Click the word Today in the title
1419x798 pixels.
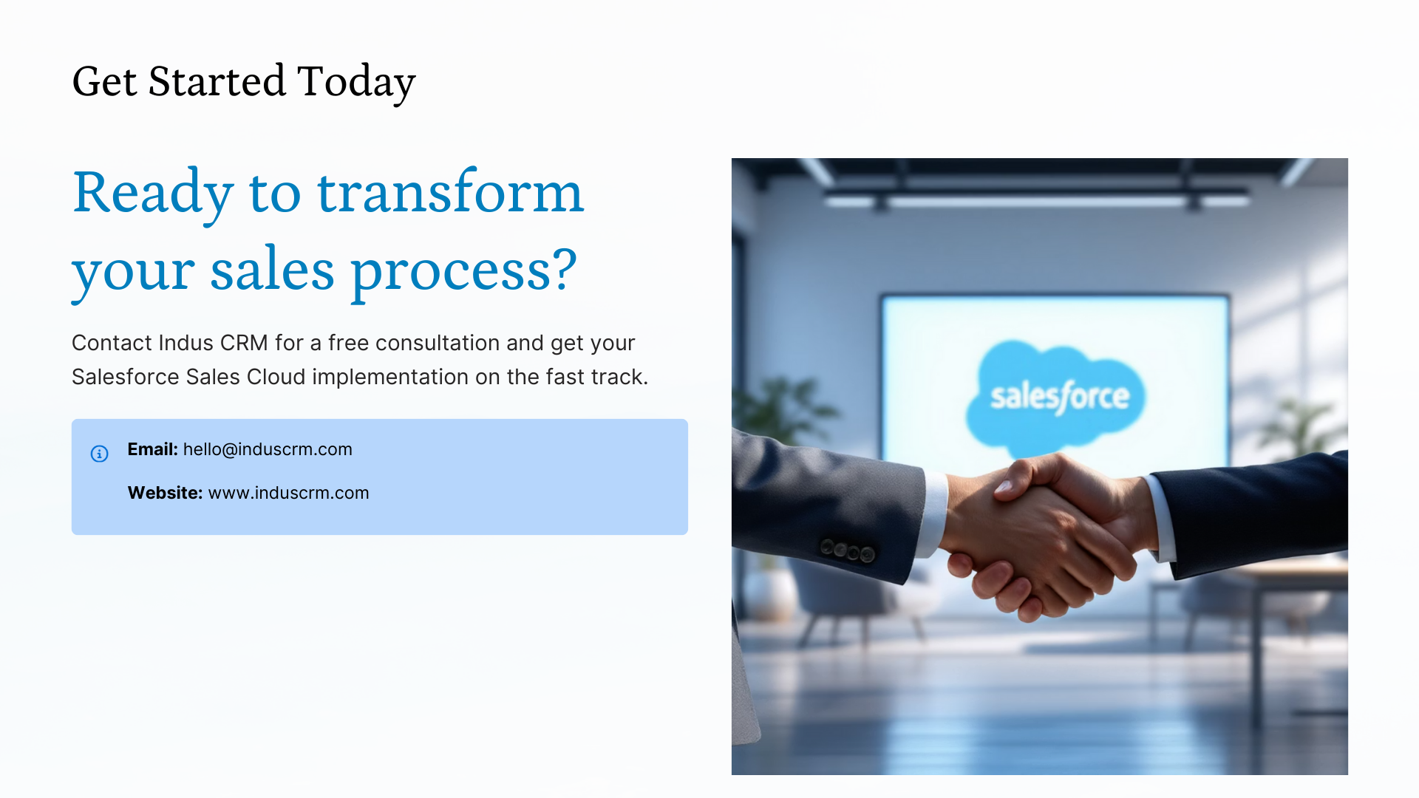[x=356, y=82]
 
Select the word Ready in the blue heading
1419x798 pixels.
[x=153, y=194]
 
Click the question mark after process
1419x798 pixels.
[x=564, y=268]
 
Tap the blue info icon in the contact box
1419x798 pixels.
[x=100, y=454]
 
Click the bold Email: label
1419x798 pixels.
[x=152, y=449]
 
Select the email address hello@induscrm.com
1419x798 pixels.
[x=268, y=449]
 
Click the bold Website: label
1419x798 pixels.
[x=165, y=493]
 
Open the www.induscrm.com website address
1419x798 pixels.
[x=288, y=493]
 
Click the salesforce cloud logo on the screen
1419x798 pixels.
[x=1057, y=395]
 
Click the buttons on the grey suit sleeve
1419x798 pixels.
[x=848, y=550]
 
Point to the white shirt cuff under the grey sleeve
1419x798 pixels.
[x=933, y=514]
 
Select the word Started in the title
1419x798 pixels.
[x=217, y=81]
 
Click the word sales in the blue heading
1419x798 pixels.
[x=272, y=270]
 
